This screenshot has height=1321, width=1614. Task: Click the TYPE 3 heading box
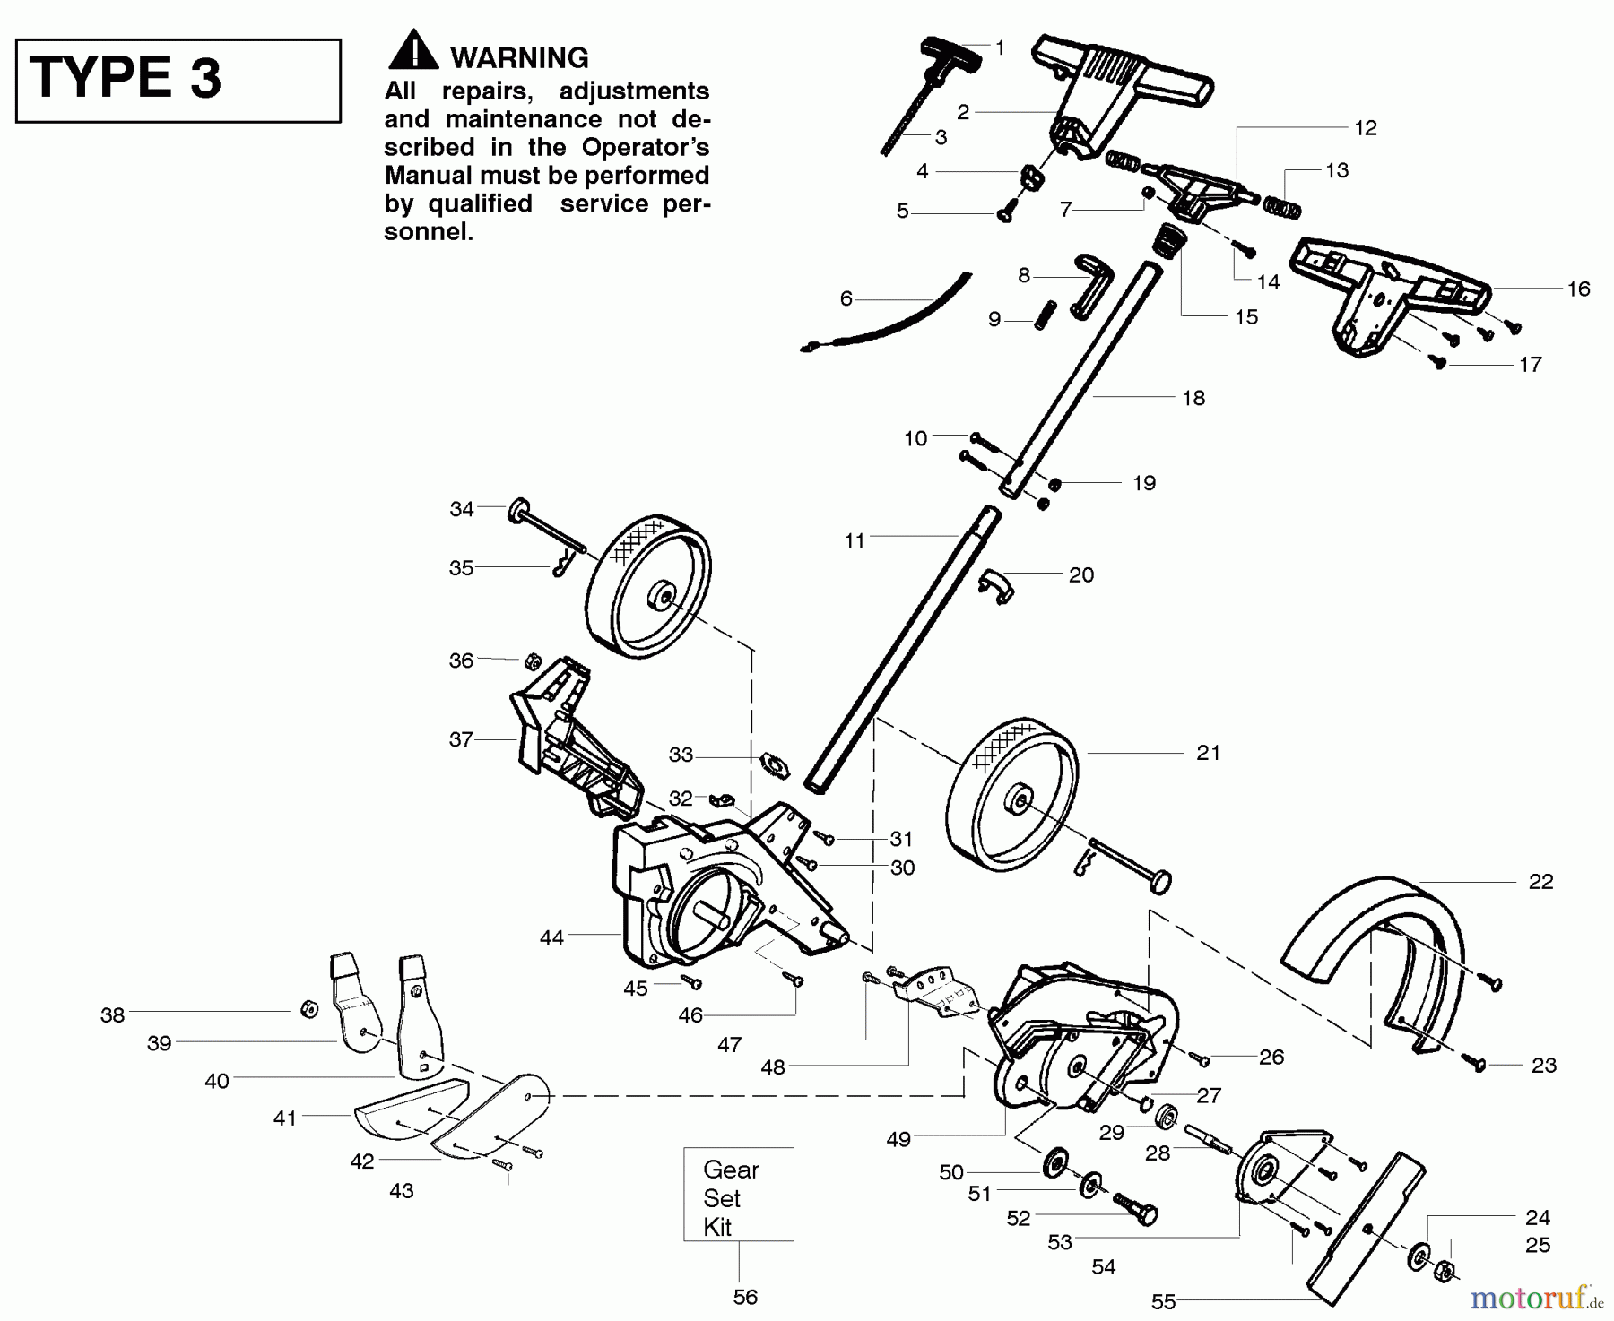pos(178,80)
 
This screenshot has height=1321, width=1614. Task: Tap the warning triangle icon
pos(412,51)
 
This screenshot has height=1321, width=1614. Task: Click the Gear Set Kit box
pos(738,1194)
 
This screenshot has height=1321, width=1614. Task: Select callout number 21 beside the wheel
pos(1208,753)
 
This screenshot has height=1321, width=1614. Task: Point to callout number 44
pos(551,937)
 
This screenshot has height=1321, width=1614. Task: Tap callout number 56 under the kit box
pos(745,1296)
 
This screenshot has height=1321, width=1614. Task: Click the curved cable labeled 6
pos(897,318)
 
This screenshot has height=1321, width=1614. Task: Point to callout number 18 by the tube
pos(1193,398)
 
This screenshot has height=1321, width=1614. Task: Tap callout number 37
pos(461,739)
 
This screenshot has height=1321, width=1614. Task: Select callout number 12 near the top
pos(1365,128)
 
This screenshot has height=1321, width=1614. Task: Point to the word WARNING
pos(519,58)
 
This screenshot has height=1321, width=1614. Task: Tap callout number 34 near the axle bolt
pos(461,509)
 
